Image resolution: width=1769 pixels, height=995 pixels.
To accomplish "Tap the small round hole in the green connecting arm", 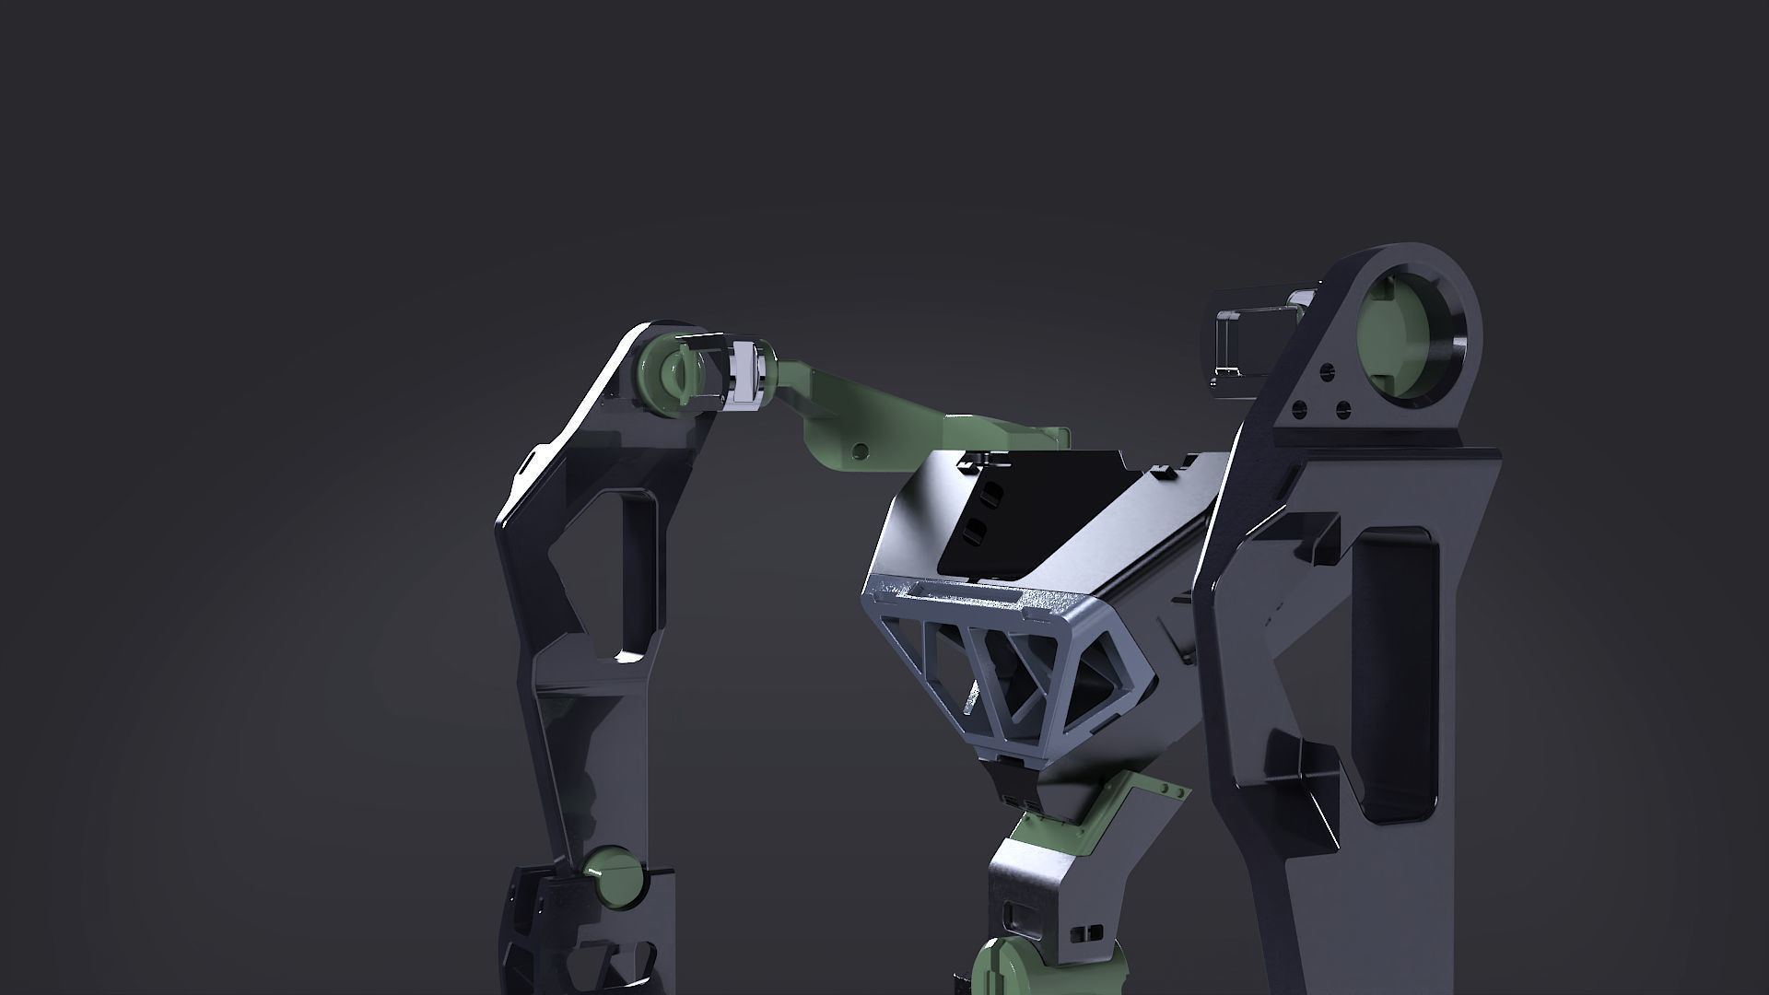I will click(860, 451).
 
